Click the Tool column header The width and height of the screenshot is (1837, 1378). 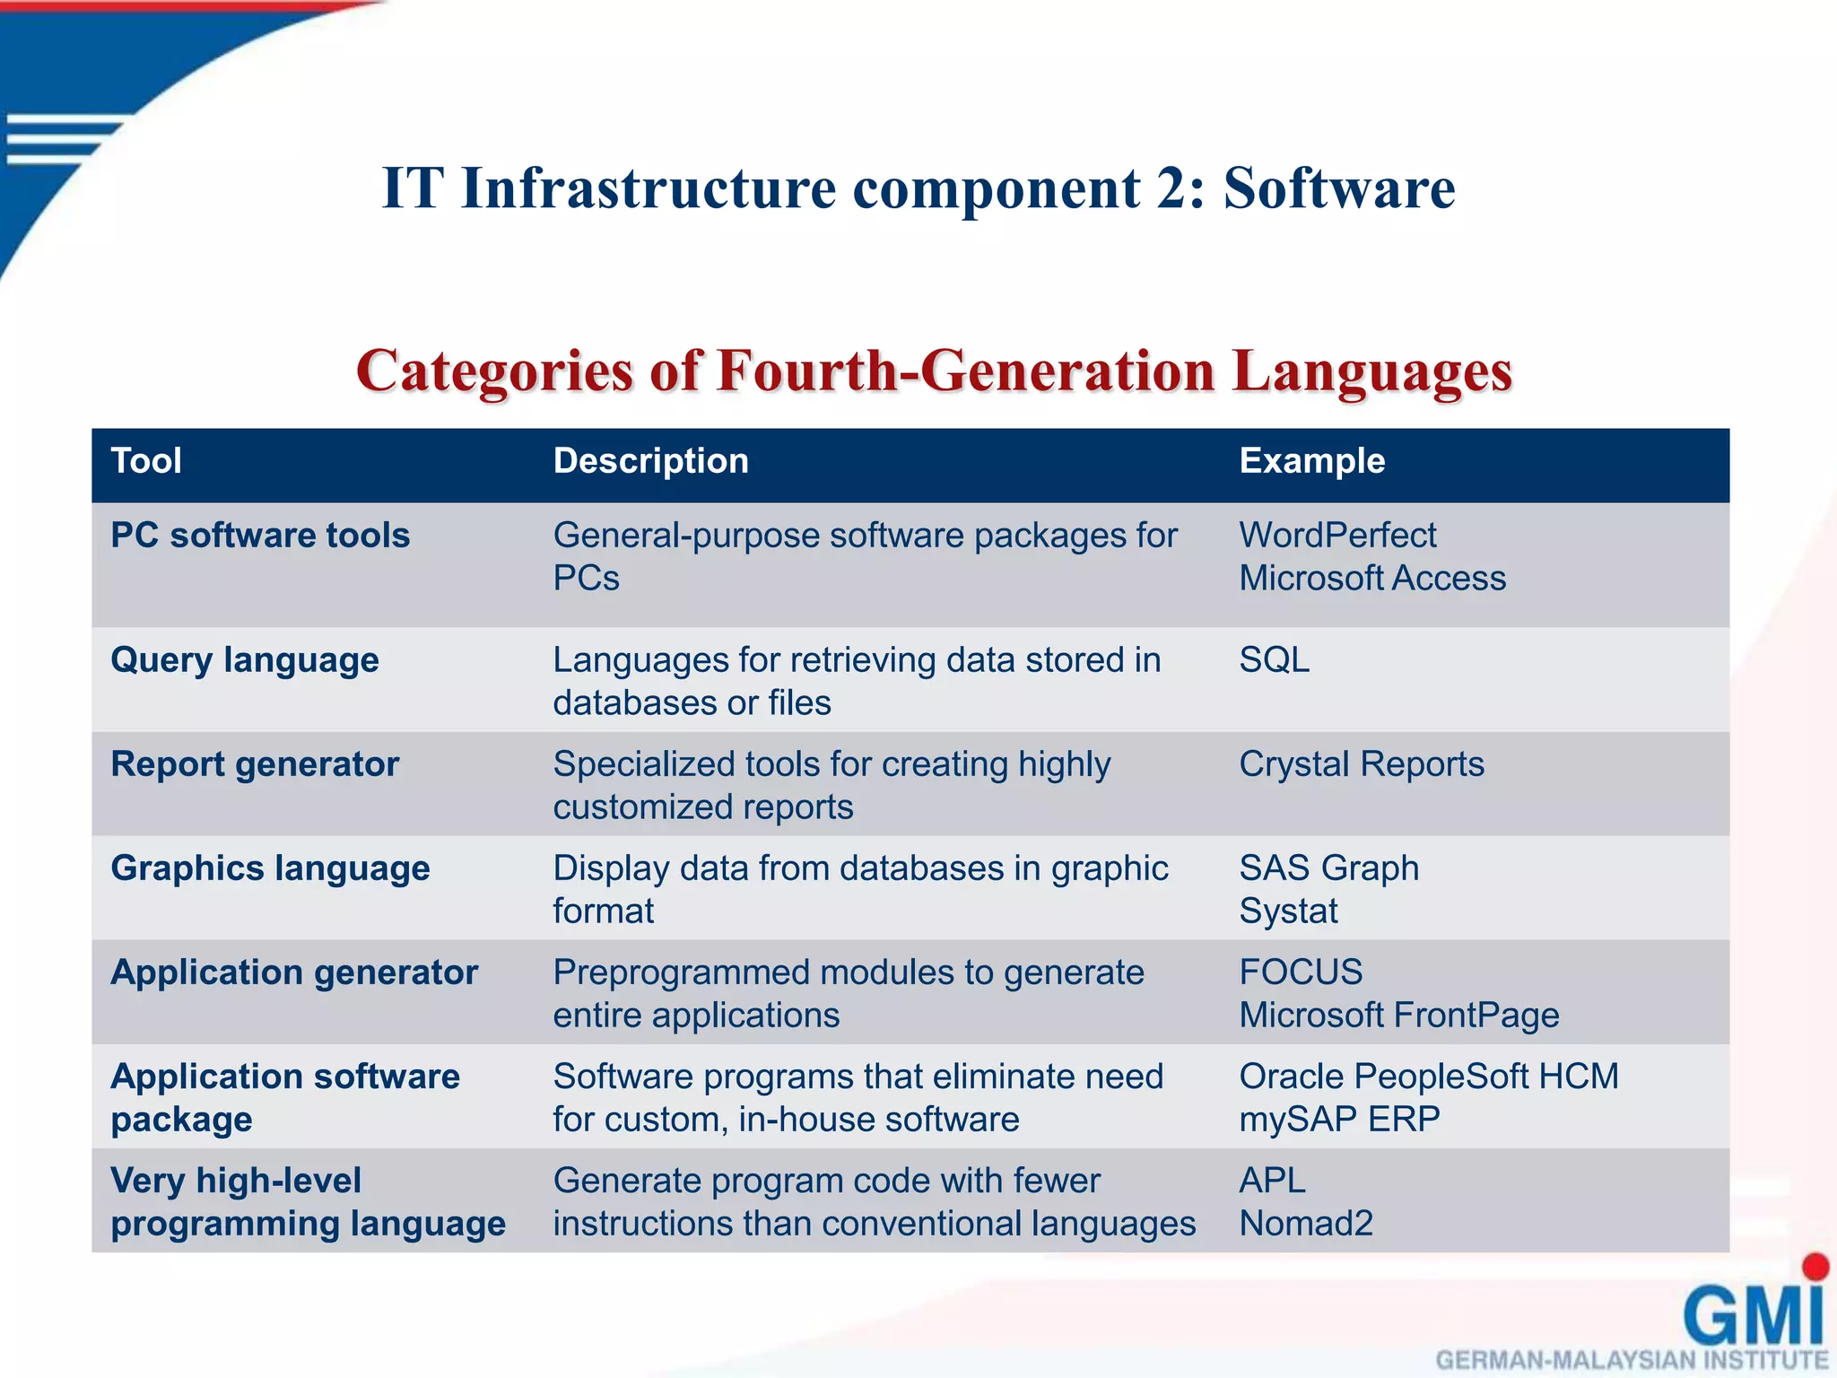point(146,461)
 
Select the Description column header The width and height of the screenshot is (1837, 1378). point(650,461)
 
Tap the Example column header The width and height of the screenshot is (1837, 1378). point(1311,461)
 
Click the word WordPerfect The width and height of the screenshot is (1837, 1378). point(1337,536)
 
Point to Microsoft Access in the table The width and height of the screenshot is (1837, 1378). point(1372,579)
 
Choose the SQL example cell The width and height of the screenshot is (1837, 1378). point(1274,660)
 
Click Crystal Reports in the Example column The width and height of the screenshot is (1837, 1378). point(1361,764)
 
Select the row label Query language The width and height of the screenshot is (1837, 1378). point(245,660)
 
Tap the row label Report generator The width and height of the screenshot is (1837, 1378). point(255,764)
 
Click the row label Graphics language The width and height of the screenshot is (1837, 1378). point(270,868)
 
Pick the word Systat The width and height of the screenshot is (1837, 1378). point(1288,911)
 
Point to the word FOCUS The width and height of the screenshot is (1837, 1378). point(1301,972)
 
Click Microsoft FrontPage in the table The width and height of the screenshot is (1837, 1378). point(1398,1016)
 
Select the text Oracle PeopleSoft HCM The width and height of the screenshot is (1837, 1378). point(1429,1077)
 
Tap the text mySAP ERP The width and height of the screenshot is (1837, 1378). point(1339,1120)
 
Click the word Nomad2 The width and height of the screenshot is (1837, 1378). point(1306,1224)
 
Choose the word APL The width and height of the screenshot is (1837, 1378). point(1272,1181)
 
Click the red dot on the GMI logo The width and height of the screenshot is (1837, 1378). point(1815,1266)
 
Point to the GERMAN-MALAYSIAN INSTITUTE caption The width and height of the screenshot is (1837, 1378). point(1632,1360)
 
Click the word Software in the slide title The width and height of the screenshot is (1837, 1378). point(1338,188)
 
